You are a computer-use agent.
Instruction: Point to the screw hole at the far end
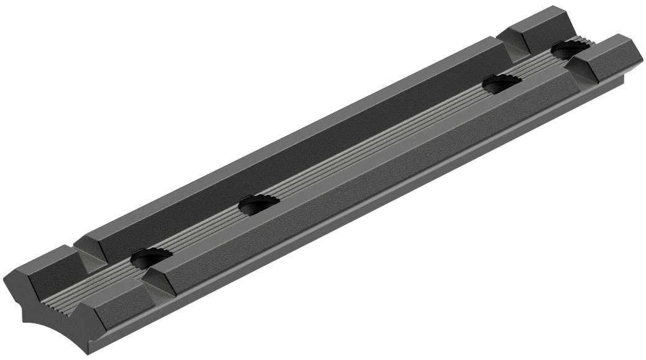pyautogui.click(x=565, y=49)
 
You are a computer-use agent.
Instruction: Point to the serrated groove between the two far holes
pyautogui.click(x=534, y=65)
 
